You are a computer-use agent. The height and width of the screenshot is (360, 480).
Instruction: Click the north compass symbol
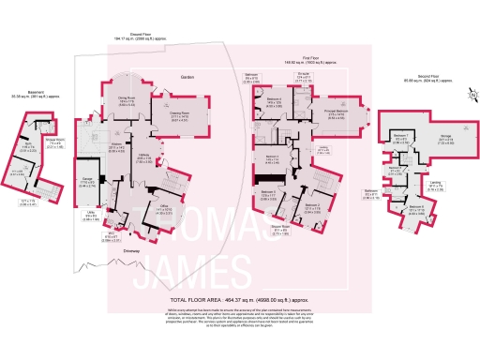470,94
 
